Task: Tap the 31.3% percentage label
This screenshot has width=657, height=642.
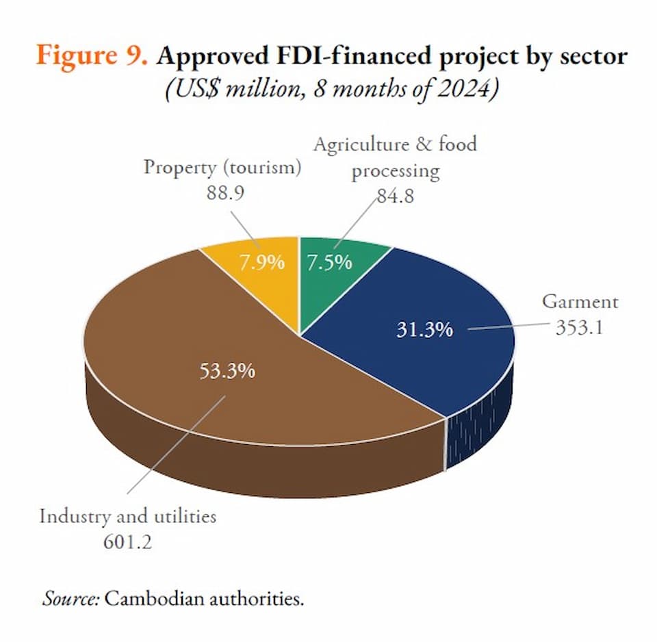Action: [424, 329]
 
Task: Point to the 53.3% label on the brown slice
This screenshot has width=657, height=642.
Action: [227, 371]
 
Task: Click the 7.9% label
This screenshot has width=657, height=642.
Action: [261, 262]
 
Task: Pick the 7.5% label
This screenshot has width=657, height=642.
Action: [329, 262]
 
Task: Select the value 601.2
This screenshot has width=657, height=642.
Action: [127, 541]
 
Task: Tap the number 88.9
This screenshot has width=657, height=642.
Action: [226, 193]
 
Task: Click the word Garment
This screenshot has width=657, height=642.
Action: [580, 301]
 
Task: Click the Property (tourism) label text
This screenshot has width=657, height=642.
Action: [222, 168]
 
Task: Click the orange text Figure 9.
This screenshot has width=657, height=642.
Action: [92, 55]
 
